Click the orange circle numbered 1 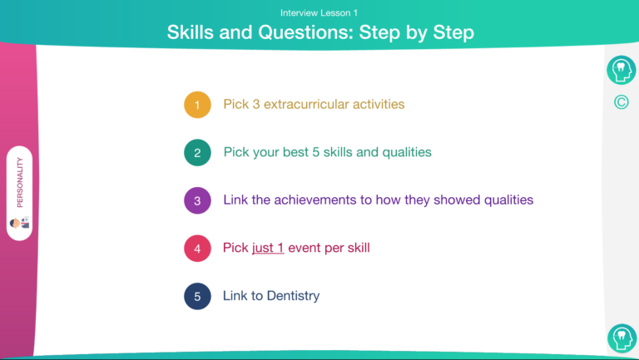197,105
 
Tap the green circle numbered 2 197,153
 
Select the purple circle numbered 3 197,200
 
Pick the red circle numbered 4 197,249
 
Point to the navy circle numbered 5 197,297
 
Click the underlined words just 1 268,248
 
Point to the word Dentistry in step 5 293,296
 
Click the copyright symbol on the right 621,101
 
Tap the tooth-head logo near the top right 621,70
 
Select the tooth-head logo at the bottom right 622,338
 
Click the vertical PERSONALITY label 20,182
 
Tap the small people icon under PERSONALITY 20,223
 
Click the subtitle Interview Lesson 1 319,13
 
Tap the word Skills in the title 191,32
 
